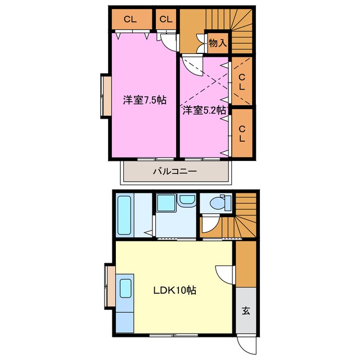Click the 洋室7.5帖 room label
(145, 100)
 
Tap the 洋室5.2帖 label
(204, 110)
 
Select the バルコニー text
(174, 172)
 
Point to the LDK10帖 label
(175, 291)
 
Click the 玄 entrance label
(246, 310)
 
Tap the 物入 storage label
(217, 42)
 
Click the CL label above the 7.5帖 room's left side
(130, 19)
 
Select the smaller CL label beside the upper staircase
(165, 19)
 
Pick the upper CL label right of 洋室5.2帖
(241, 82)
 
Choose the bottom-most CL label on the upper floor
(242, 133)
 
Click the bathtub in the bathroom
(124, 215)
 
